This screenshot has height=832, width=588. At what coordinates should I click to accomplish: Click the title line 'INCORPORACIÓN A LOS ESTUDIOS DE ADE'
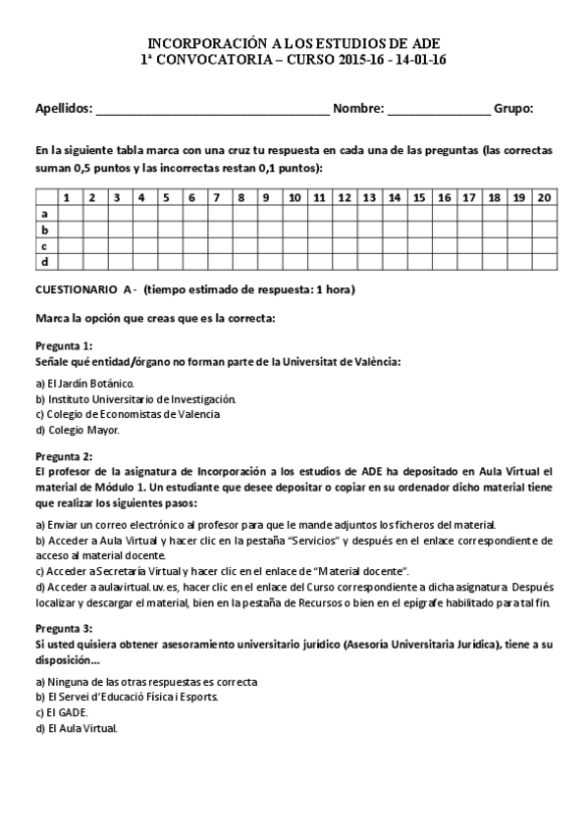tap(294, 44)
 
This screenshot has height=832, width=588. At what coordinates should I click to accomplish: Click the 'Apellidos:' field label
tap(64, 108)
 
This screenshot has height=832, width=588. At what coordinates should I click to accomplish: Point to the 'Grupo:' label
tap(513, 108)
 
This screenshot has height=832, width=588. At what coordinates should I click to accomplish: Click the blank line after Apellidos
tap(212, 110)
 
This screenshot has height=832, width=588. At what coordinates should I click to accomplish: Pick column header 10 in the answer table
tap(294, 197)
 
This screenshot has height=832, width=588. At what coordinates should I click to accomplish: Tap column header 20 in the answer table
tap(545, 197)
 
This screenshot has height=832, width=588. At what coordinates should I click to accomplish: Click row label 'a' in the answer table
tap(44, 213)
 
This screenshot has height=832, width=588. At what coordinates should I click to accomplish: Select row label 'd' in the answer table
tap(44, 262)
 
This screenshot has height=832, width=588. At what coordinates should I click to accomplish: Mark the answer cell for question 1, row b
tap(67, 230)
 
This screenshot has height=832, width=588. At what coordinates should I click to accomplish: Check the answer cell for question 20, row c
tap(545, 245)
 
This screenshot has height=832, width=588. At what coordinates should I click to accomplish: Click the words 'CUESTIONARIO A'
tap(83, 289)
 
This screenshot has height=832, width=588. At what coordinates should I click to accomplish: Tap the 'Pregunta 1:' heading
tap(64, 345)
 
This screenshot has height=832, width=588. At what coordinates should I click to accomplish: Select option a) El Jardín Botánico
tap(84, 383)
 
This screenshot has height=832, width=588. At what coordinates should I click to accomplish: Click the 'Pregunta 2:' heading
tap(64, 456)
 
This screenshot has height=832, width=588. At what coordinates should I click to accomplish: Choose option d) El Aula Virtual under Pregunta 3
tap(77, 728)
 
